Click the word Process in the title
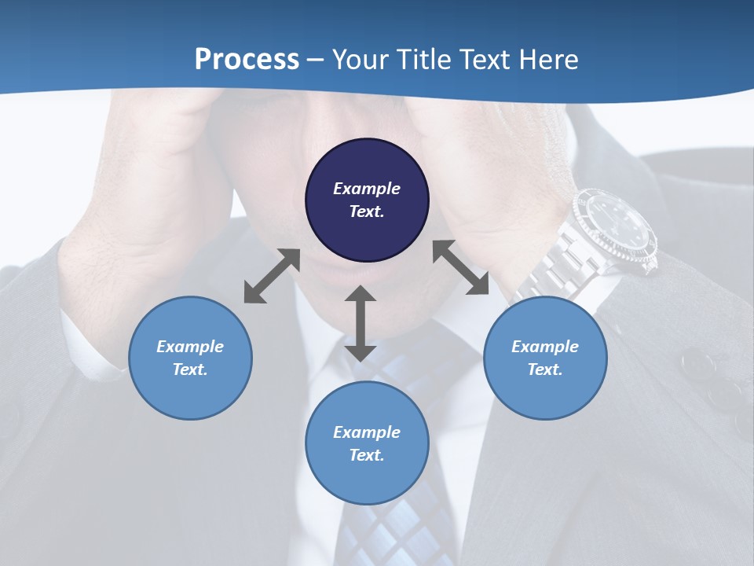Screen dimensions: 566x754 point(247,60)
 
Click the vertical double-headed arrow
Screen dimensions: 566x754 point(361,323)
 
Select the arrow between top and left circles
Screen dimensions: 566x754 point(272,276)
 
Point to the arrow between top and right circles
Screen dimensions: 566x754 point(461,267)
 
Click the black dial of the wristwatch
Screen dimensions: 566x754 point(617,227)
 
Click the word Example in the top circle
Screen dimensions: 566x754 point(367,189)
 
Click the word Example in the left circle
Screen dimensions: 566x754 point(190,347)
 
